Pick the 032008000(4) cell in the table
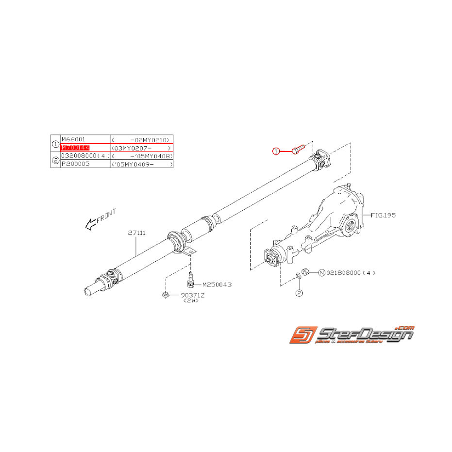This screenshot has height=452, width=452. coord(85,156)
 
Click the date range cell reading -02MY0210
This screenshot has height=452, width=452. coord(141,139)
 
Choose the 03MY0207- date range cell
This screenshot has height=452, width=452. coord(141,147)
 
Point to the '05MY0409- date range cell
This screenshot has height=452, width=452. coord(141,165)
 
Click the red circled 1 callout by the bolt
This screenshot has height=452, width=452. coord(276,151)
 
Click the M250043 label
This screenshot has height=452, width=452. coord(217,285)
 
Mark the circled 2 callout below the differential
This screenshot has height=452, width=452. coord(300,293)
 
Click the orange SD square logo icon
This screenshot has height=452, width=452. coord(301,335)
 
